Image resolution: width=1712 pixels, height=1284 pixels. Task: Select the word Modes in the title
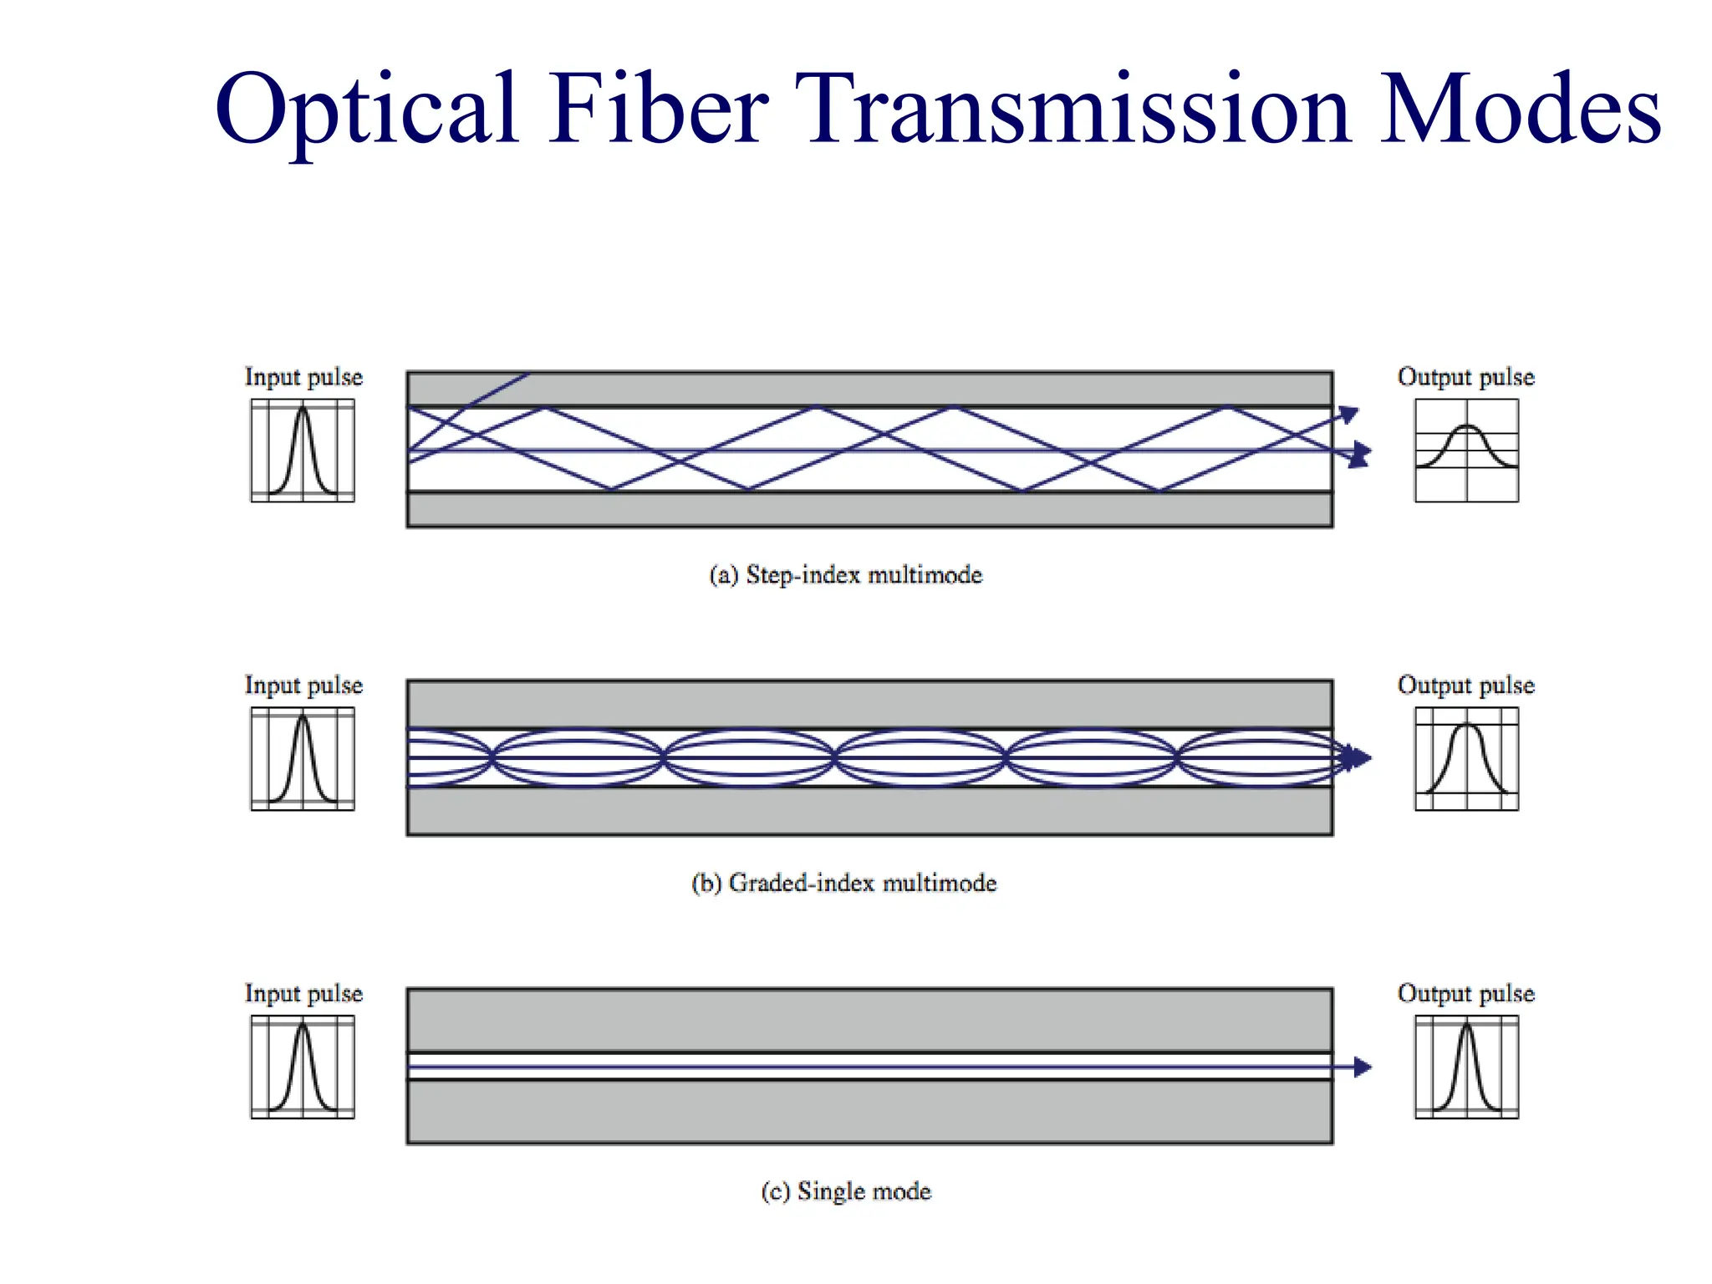pyautogui.click(x=1519, y=110)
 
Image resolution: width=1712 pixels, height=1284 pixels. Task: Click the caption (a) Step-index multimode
pyautogui.click(x=845, y=575)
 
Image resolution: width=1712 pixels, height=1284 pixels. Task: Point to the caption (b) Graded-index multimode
pyautogui.click(x=843, y=883)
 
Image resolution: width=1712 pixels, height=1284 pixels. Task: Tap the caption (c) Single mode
pyautogui.click(x=845, y=1190)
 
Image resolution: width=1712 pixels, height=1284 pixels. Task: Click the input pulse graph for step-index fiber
pyautogui.click(x=303, y=451)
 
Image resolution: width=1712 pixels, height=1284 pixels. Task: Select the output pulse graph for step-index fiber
pyautogui.click(x=1466, y=451)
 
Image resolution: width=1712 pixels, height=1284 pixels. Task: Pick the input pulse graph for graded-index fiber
pyautogui.click(x=303, y=759)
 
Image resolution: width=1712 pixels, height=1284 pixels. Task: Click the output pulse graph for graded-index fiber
pyautogui.click(x=1466, y=759)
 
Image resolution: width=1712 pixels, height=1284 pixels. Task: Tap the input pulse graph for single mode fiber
pyautogui.click(x=303, y=1067)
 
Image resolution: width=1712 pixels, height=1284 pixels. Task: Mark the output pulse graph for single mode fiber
pyautogui.click(x=1466, y=1067)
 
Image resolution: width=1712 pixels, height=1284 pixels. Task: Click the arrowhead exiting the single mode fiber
pyautogui.click(x=1363, y=1067)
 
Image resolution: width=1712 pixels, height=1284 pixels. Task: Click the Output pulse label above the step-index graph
pyautogui.click(x=1465, y=377)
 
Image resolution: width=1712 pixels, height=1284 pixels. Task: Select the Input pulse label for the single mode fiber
pyautogui.click(x=303, y=993)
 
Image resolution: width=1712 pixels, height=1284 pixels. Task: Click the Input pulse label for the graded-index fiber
pyautogui.click(x=303, y=685)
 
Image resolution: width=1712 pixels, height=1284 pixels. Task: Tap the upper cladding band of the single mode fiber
pyautogui.click(x=869, y=1020)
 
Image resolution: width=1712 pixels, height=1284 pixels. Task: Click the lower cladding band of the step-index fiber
pyautogui.click(x=869, y=509)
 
